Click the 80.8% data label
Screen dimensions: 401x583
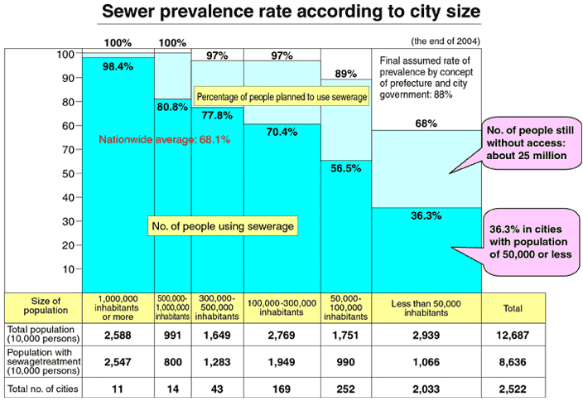[172, 106]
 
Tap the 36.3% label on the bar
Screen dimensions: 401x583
[427, 215]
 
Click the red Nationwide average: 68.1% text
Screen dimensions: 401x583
[164, 140]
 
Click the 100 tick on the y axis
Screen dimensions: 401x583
[65, 55]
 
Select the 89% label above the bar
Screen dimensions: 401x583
[346, 73]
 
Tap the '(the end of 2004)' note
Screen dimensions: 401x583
[444, 40]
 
